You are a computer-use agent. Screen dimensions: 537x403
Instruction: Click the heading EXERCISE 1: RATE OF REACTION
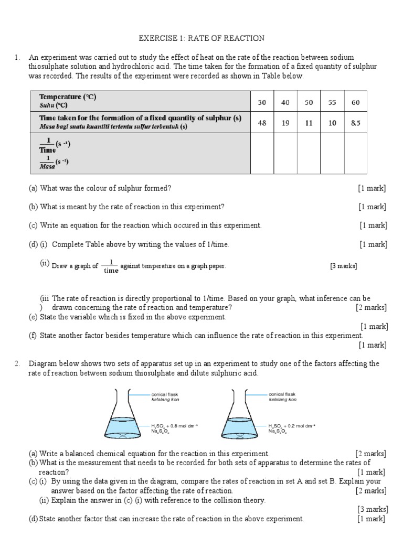201,38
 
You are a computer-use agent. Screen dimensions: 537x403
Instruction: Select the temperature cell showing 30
262,102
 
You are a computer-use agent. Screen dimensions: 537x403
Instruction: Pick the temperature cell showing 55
332,102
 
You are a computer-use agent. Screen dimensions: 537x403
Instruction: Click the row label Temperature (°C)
68,97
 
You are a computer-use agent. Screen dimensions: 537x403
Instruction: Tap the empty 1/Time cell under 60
355,154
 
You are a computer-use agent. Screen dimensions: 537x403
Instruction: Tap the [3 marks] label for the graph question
344,266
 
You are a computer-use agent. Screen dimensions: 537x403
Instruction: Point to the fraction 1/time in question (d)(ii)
111,266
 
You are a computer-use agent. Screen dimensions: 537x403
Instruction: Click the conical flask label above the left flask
165,394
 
